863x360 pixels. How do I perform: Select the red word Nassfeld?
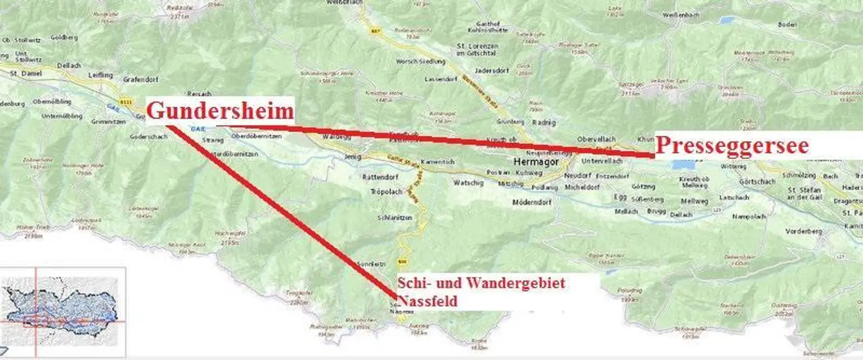pos(428,302)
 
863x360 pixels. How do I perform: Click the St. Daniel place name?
pos(24,72)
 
